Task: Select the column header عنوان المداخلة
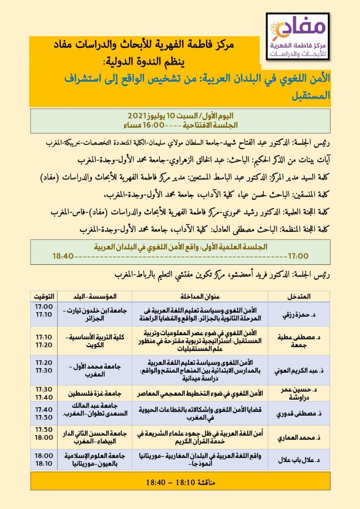pyautogui.click(x=200, y=297)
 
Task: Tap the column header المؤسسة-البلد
pyautogui.click(x=95, y=297)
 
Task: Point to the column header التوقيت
pyautogui.click(x=44, y=297)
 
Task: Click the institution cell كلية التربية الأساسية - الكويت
pyautogui.click(x=95, y=341)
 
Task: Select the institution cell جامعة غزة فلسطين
pyautogui.click(x=95, y=394)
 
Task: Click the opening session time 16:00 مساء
pyautogui.click(x=151, y=124)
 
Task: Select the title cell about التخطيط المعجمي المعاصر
pyautogui.click(x=200, y=394)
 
